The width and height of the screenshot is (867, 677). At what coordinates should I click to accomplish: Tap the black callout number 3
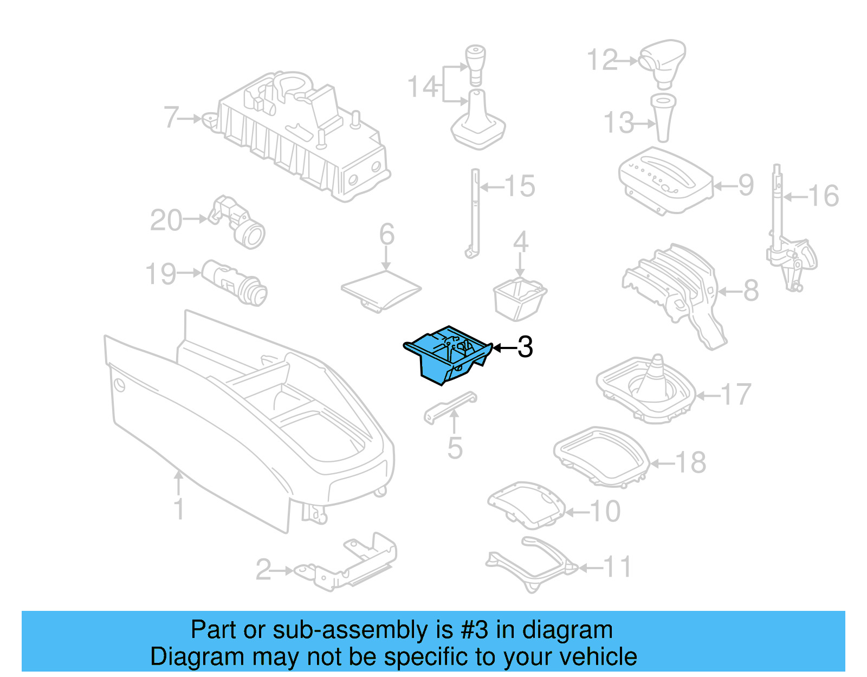[525, 347]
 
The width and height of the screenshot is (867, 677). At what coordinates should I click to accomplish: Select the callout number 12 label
[602, 60]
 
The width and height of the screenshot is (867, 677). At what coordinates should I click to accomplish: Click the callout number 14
[422, 87]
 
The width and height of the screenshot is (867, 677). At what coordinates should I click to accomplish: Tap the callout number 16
[824, 196]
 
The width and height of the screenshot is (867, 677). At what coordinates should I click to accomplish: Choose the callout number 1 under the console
[179, 510]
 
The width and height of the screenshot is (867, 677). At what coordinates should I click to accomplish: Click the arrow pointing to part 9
[725, 186]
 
